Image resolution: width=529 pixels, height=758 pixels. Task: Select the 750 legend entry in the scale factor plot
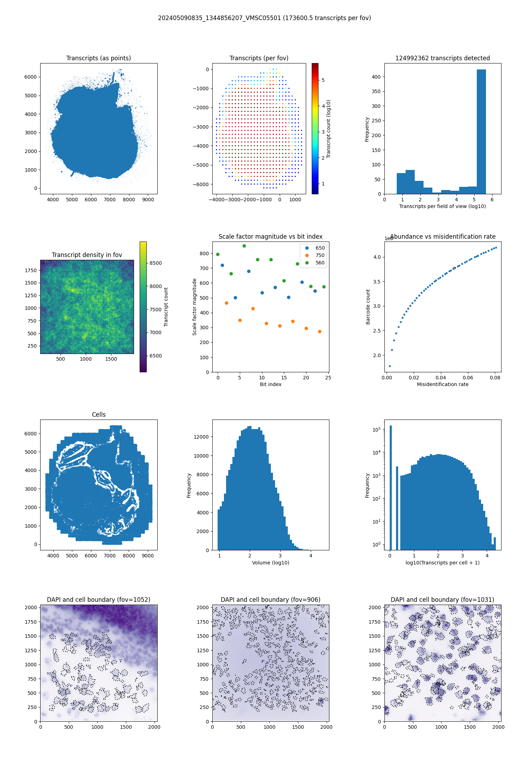point(320,255)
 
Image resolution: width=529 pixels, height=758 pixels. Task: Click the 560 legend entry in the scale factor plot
point(320,263)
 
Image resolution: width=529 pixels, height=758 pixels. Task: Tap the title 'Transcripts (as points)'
point(98,58)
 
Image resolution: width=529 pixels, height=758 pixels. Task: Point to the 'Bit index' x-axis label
point(270,384)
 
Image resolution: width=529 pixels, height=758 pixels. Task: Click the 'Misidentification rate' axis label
point(443,384)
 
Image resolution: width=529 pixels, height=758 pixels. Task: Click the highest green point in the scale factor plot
point(244,246)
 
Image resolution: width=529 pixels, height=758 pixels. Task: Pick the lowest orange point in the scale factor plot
point(320,331)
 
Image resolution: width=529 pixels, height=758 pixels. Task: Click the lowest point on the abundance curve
point(390,366)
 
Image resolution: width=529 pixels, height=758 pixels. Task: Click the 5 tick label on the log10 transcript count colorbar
point(323,80)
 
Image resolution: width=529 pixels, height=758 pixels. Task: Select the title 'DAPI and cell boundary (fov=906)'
point(270,600)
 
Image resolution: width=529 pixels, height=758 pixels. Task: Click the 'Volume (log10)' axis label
point(270,563)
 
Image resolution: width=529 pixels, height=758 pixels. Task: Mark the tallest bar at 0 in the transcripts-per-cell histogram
point(390,487)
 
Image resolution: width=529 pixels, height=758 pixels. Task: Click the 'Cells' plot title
point(99,415)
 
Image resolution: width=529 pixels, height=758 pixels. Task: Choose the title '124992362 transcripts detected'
point(443,58)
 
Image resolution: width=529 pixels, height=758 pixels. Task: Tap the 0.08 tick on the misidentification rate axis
point(495,378)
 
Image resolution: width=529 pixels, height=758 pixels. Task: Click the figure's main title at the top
point(264,18)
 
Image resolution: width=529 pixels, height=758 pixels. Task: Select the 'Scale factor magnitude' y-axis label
point(194,307)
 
